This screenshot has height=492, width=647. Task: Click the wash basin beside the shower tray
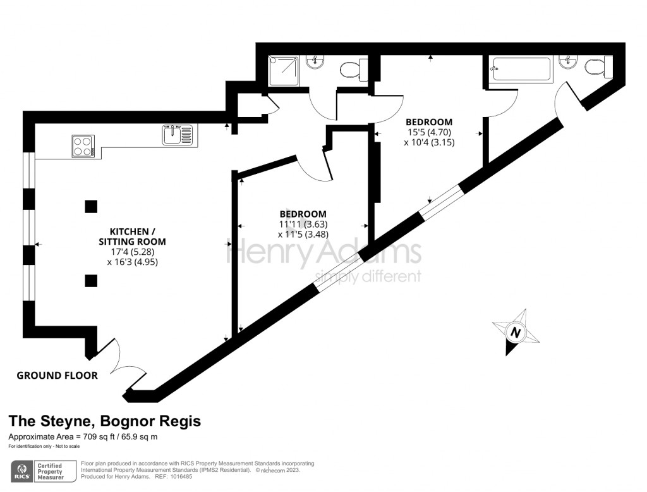(315, 61)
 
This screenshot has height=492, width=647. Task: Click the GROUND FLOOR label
(57, 376)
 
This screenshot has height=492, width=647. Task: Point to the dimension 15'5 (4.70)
(429, 132)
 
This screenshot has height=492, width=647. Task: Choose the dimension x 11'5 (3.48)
(303, 235)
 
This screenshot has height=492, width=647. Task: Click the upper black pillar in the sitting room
(91, 206)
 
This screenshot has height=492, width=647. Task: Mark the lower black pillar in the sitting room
(91, 280)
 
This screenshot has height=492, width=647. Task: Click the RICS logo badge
(23, 471)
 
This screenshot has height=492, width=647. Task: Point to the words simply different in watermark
(368, 276)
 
